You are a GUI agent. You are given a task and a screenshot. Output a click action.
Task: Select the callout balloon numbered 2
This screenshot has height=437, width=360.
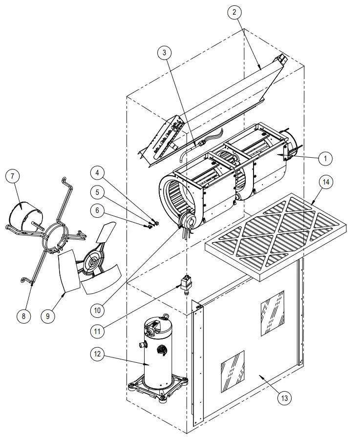[234, 12]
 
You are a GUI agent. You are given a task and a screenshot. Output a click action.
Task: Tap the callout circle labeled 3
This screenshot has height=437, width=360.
[166, 53]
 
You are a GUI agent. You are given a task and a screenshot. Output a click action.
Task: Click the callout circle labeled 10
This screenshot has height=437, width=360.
[99, 309]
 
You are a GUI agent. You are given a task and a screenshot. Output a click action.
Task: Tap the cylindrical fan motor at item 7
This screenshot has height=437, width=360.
[25, 213]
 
